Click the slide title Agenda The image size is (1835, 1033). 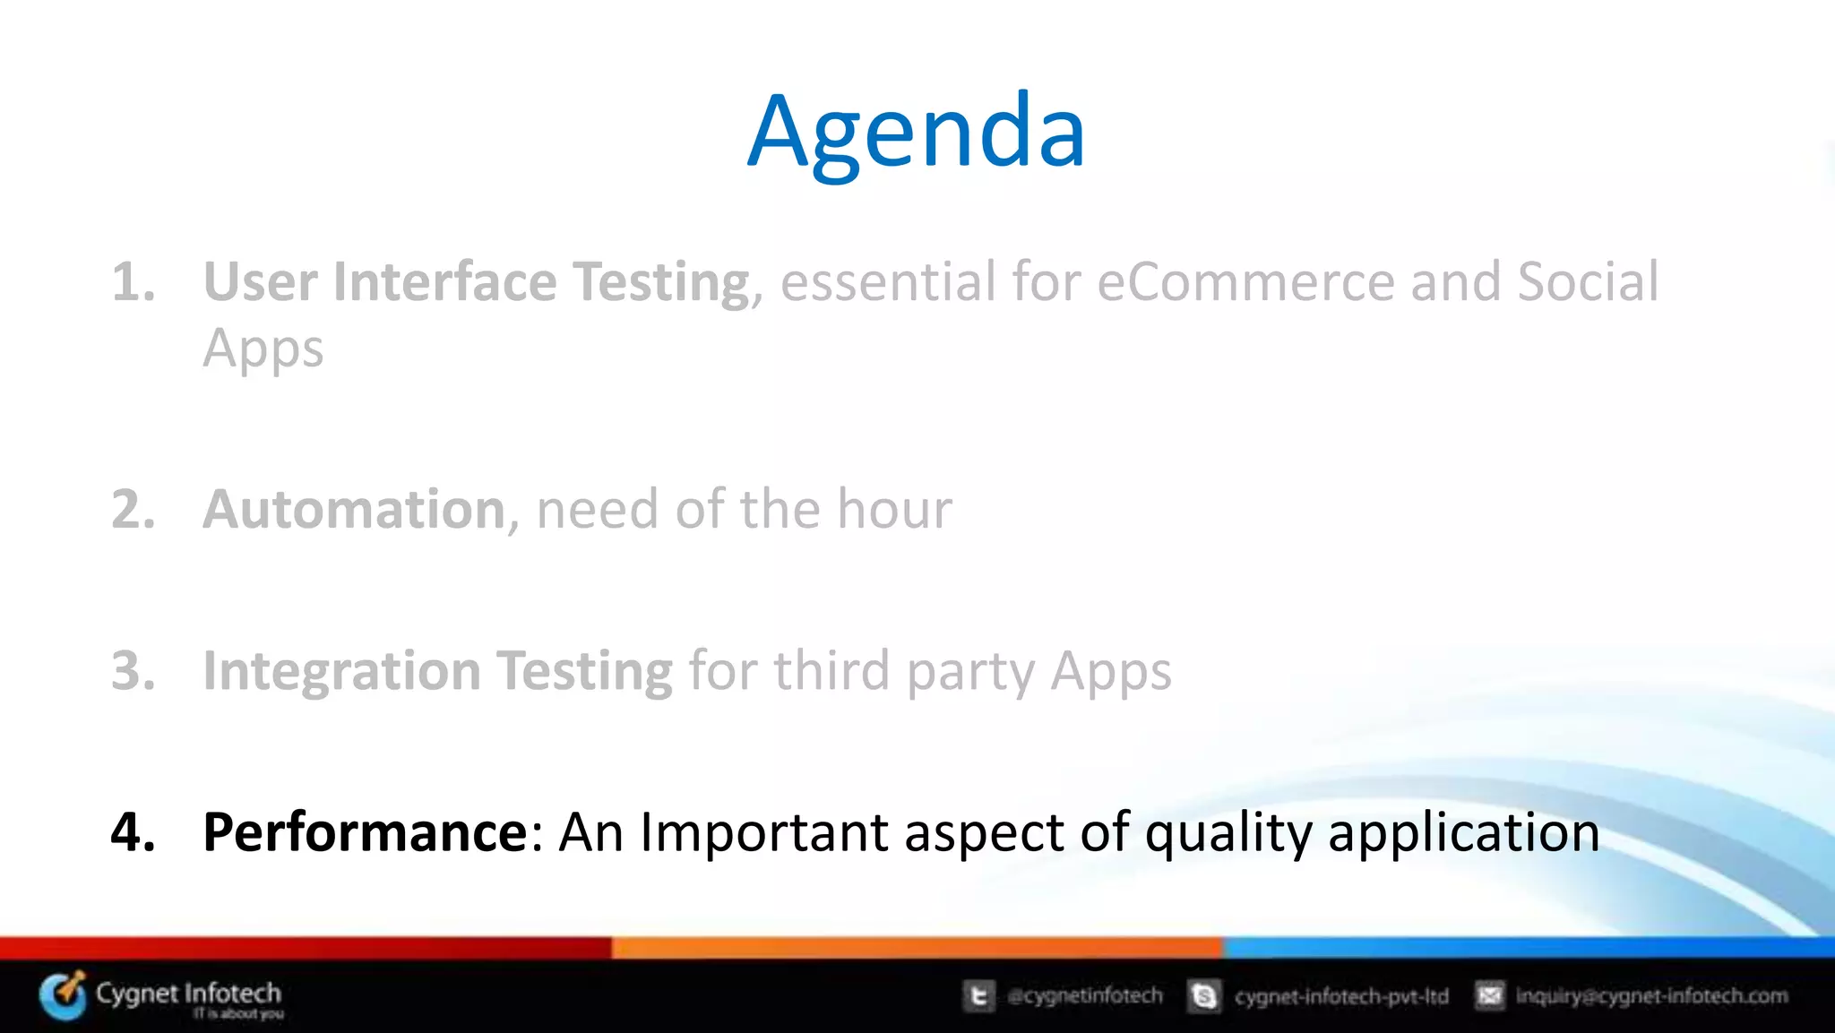916,133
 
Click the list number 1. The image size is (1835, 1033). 133,282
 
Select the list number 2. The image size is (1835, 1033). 133,510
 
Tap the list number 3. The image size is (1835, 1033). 133,671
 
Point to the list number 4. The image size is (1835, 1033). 133,832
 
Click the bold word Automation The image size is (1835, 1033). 355,510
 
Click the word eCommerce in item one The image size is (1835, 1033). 1245,282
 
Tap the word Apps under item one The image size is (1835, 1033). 263,349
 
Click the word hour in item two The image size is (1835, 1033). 893,510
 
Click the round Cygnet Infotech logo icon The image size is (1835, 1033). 64,995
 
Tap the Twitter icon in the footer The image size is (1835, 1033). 979,996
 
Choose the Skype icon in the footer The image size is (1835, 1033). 1204,996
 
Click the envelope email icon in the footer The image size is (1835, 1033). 1489,995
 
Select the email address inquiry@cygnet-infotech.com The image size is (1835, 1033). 1650,996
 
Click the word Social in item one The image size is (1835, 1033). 1588,282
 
